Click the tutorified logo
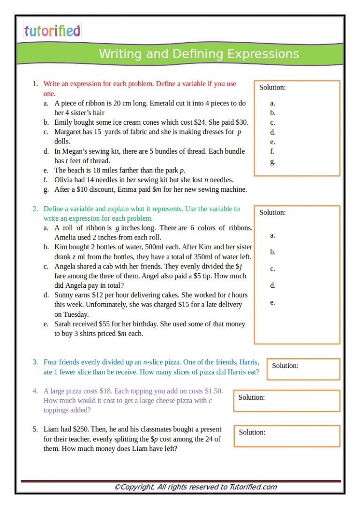pos(52,31)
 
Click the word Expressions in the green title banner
pos(263,54)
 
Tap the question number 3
pos(35,362)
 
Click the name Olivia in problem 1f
pos(65,180)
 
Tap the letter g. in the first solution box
pos(273,162)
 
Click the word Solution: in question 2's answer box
pos(272,212)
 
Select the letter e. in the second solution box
pos(272,302)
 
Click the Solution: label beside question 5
pos(252,432)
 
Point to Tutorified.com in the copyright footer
pos(253,487)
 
